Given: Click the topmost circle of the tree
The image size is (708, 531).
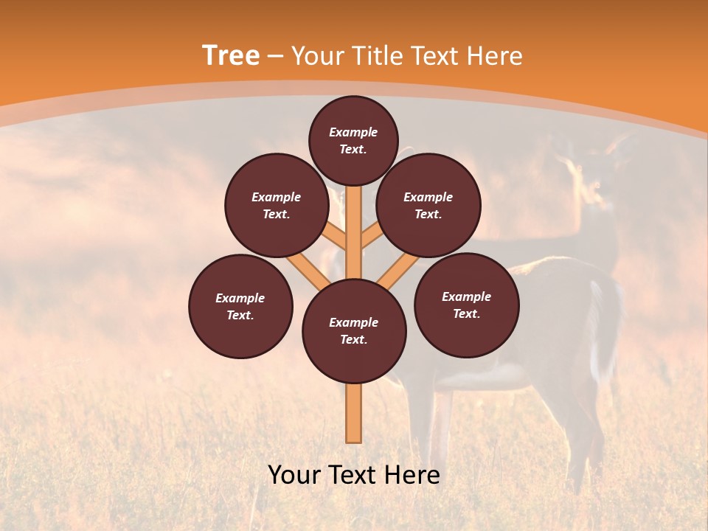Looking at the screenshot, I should tap(353, 140).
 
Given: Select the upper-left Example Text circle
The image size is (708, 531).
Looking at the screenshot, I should tap(277, 206).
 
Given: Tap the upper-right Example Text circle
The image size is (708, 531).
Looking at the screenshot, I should tap(428, 206).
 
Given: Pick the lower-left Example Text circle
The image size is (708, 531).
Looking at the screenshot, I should tap(240, 306).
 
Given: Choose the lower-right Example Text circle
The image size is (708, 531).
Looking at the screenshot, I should tap(467, 305).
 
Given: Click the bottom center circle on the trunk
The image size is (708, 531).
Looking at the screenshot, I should tap(354, 331).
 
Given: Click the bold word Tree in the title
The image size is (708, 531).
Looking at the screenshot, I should tap(231, 56).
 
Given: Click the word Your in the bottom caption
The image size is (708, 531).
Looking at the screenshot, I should tap(294, 475).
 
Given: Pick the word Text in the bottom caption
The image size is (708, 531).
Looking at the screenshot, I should tap(353, 475).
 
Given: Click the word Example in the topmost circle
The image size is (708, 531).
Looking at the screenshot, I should tap(353, 132).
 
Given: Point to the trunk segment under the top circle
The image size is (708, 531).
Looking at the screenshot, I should tap(354, 221).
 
